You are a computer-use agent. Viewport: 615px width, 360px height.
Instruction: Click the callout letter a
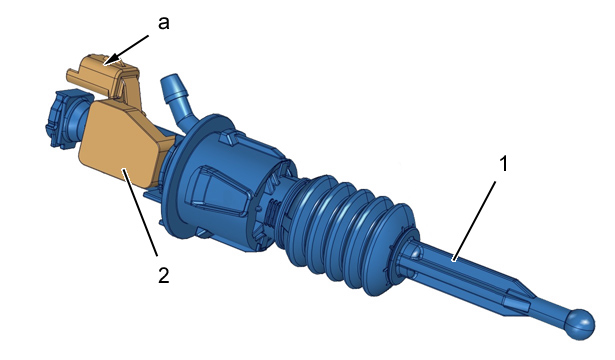[x=164, y=23]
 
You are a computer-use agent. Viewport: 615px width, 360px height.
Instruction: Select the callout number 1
[x=504, y=164]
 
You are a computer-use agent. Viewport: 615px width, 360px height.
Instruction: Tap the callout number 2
[x=164, y=275]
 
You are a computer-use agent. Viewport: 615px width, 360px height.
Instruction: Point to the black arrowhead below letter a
[x=112, y=59]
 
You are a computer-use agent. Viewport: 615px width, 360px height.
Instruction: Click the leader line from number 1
[x=474, y=220]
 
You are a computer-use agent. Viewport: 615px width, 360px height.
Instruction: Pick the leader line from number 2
[x=141, y=212]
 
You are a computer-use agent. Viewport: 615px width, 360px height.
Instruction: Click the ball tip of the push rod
[x=579, y=324]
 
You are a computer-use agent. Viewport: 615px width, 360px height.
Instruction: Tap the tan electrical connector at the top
[x=103, y=75]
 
